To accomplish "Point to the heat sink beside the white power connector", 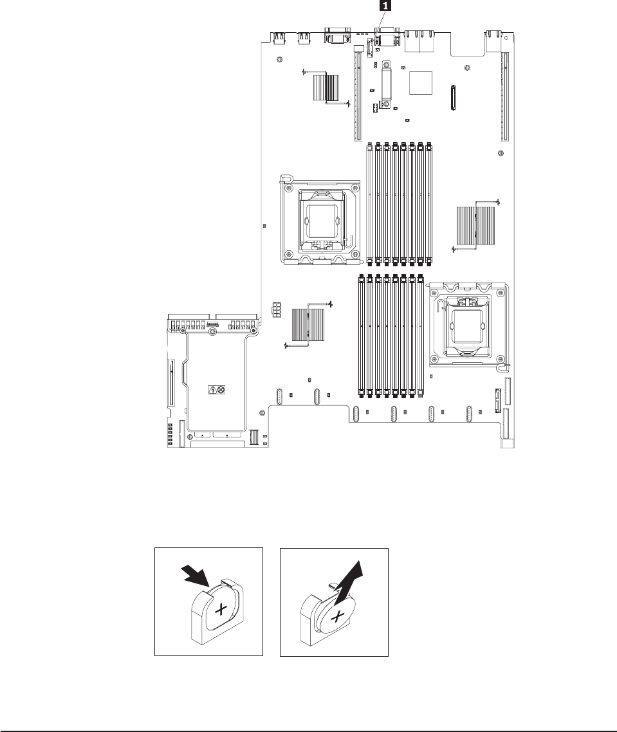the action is pyautogui.click(x=307, y=325).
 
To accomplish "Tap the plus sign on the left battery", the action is pyautogui.click(x=220, y=610).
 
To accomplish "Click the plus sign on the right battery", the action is pyautogui.click(x=336, y=617).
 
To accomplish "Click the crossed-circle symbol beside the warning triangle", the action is pyautogui.click(x=221, y=389).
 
